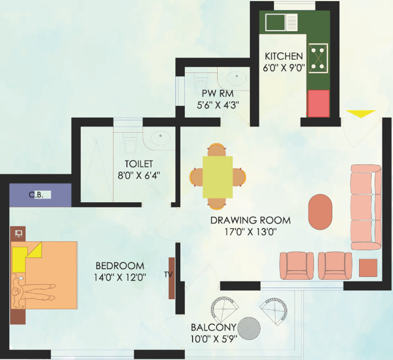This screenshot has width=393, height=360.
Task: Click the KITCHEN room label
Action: pos(283,55)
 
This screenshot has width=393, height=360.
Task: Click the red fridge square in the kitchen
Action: pos(318,103)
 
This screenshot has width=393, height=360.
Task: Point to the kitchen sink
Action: pos(281,22)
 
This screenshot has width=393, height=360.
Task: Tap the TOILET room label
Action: pos(139,163)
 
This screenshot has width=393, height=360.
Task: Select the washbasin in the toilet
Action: pos(160,138)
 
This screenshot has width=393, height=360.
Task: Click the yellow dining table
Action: pos(218,177)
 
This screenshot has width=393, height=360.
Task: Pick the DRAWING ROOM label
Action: pos(250,220)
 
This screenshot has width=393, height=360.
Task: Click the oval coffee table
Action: pos(320,211)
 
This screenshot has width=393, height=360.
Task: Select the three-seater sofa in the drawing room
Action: pos(366,207)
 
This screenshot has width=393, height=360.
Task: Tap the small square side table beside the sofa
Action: pos(368,268)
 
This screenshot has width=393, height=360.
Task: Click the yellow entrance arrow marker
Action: pos(361,114)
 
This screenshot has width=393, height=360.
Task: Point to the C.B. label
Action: pos(36,195)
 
